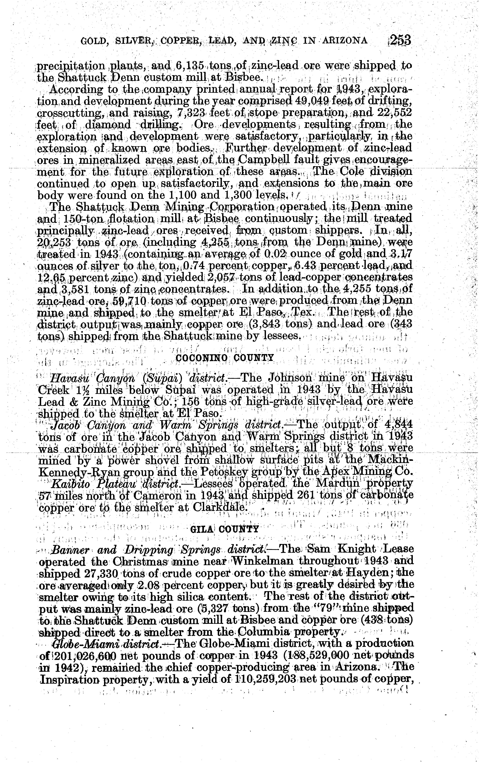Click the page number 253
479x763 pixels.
[x=400, y=41]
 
